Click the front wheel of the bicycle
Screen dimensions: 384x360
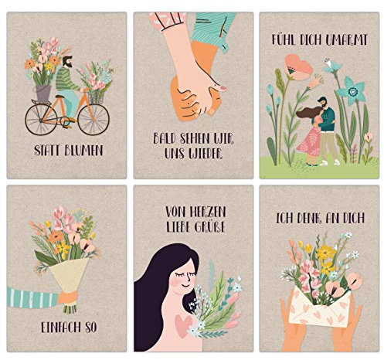(93, 120)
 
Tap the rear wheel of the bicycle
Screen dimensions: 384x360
(41, 120)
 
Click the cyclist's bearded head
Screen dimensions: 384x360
(68, 62)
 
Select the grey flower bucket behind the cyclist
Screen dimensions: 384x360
(43, 93)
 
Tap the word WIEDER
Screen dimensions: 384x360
(205, 154)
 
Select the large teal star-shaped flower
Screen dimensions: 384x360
(352, 90)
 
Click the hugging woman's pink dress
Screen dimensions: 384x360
(311, 142)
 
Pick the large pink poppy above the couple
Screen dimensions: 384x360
(299, 66)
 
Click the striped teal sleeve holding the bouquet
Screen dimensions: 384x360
(32, 298)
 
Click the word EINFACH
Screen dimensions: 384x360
(61, 328)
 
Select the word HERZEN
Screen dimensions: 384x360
(208, 212)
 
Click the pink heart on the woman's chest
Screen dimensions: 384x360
(183, 326)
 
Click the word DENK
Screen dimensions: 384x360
(310, 219)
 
